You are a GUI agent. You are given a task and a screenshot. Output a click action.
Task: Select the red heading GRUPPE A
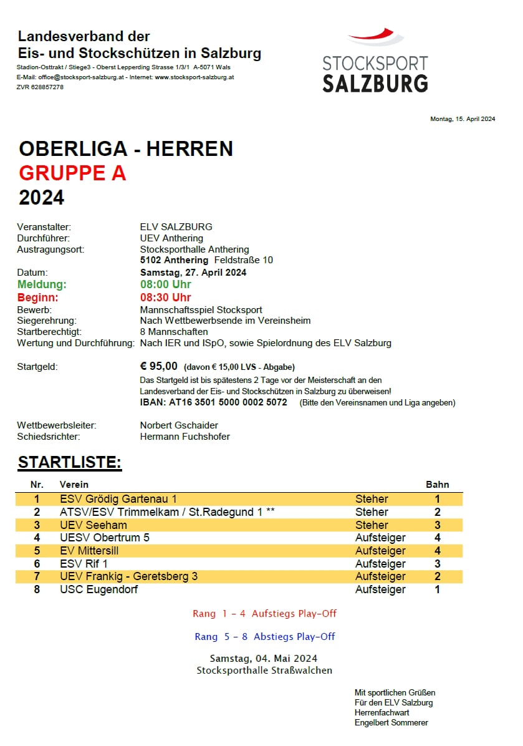coord(72,173)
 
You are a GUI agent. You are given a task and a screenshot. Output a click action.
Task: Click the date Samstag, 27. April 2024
coord(193,272)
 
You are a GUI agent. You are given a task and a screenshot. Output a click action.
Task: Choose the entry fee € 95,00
coord(159,366)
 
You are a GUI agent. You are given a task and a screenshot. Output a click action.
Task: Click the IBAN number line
coord(214,402)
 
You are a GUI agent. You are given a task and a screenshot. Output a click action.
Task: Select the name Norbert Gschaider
coord(179,425)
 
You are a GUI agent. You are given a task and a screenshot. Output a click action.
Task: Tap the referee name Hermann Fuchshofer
coord(185,437)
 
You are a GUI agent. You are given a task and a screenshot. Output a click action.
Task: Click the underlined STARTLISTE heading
coord(69,462)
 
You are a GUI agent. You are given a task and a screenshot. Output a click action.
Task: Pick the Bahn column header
coord(437,484)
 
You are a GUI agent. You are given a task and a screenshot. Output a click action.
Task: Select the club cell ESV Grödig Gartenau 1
coord(118,499)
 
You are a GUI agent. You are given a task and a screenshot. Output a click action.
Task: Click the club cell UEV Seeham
coord(93,525)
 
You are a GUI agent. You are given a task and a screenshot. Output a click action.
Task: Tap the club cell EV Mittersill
coord(89,551)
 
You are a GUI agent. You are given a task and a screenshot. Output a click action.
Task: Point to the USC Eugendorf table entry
coord(98,589)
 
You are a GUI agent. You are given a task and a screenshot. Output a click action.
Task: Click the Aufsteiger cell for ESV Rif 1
coord(380,564)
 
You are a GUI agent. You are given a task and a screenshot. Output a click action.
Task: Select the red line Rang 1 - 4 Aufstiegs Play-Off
coord(264,614)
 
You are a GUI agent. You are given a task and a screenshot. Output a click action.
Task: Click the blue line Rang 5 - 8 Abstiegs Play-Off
coord(264,637)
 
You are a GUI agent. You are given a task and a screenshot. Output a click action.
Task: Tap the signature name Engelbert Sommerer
coord(391,722)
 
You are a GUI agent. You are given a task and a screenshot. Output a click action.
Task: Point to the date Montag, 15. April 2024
coord(463,119)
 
